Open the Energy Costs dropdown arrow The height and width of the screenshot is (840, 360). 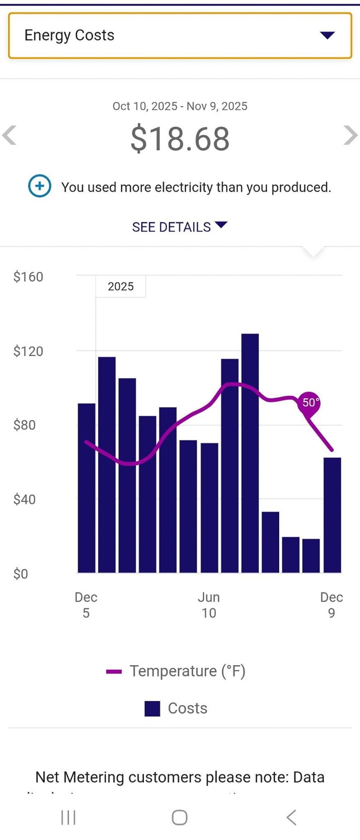coord(327,35)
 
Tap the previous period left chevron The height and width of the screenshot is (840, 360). coord(9,135)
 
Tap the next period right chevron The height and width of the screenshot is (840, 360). coord(350,135)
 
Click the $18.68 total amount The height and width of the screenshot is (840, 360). coord(180,139)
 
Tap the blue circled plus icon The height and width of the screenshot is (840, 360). coord(40,186)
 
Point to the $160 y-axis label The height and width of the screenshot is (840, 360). coord(28,277)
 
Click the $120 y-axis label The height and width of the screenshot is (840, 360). coord(28,351)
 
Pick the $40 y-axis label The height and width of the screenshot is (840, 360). coord(25,499)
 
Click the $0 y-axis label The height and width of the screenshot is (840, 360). coord(21,573)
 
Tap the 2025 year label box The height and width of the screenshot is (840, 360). coord(121,286)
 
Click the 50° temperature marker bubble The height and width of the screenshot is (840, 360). coord(309,402)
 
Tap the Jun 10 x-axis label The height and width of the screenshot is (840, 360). coord(209,605)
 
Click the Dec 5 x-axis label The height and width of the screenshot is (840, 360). coord(86,605)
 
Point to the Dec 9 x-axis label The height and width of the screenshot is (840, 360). coord(331,605)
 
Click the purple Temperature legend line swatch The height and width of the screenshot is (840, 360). coord(114,671)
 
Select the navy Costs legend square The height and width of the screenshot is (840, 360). coord(152,708)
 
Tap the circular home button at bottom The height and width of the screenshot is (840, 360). coord(180,817)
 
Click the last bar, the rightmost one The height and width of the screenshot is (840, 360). coord(332,515)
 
